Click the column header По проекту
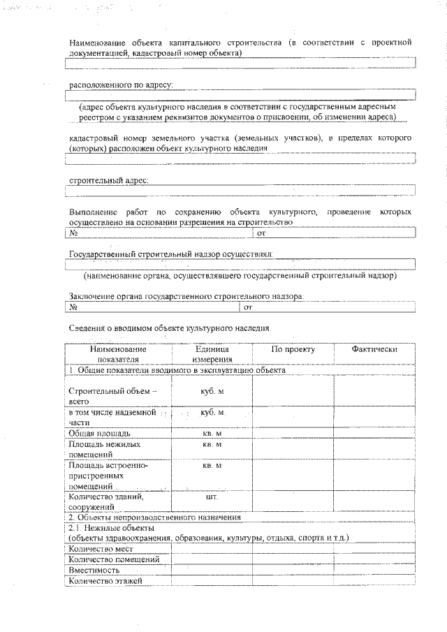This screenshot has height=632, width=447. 293,349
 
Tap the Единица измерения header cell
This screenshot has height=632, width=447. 212,354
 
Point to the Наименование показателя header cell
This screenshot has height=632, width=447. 118,354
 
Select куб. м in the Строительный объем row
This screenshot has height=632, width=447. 212,392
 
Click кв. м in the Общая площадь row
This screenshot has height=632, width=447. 212,434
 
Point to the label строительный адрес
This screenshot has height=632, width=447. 108,180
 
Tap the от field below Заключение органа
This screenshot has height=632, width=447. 328,307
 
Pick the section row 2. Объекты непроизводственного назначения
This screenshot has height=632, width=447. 154,517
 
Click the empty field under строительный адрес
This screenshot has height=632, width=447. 241,190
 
